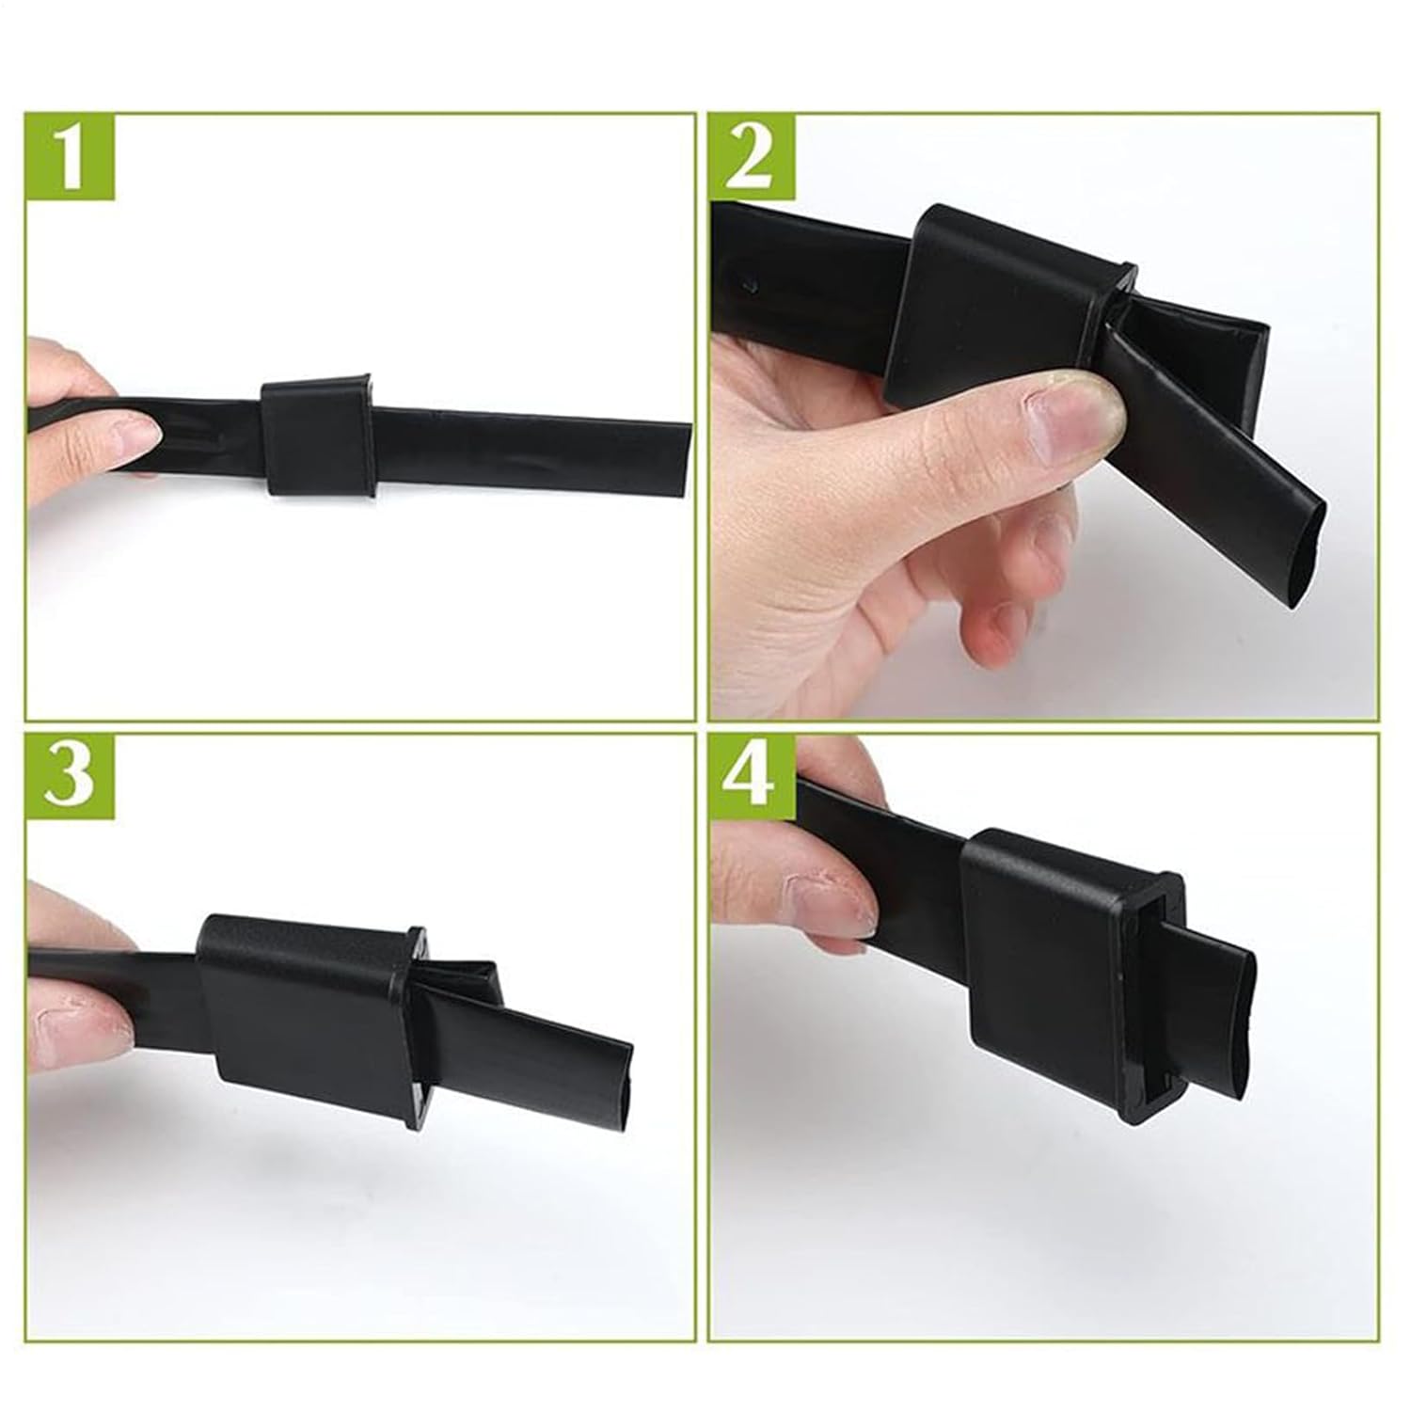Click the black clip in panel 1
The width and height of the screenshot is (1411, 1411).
tap(319, 437)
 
